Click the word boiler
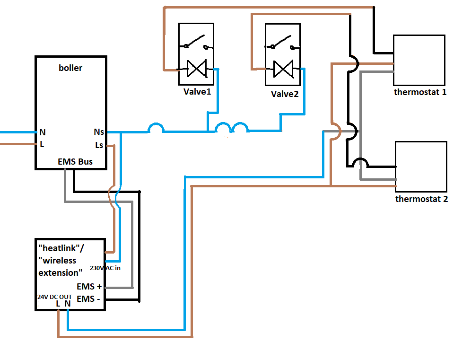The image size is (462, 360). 70,68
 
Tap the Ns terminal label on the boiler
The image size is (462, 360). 99,132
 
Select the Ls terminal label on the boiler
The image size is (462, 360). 99,145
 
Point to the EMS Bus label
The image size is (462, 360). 75,162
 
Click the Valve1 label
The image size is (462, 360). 197,92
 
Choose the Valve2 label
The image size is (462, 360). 285,94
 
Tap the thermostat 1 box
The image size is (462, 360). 419,60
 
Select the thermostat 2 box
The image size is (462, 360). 421,167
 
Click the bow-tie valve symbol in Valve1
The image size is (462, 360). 197,69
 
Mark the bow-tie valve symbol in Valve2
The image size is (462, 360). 283,69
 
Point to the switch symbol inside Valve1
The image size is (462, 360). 196,42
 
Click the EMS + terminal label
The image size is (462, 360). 89,287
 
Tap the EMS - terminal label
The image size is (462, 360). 88,299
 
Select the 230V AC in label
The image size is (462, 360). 105,268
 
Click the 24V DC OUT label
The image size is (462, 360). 55,297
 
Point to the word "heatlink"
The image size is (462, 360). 59,248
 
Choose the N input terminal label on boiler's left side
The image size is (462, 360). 43,132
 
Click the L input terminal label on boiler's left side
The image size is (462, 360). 42,144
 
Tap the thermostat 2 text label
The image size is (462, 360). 421,199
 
